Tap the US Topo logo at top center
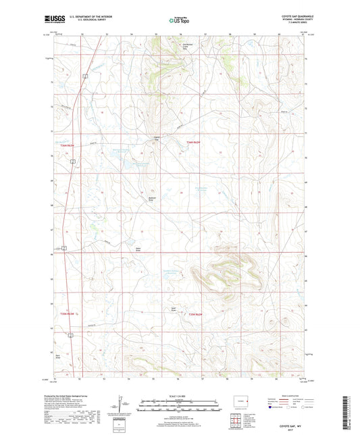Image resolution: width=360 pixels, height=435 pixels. click(179, 21)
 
